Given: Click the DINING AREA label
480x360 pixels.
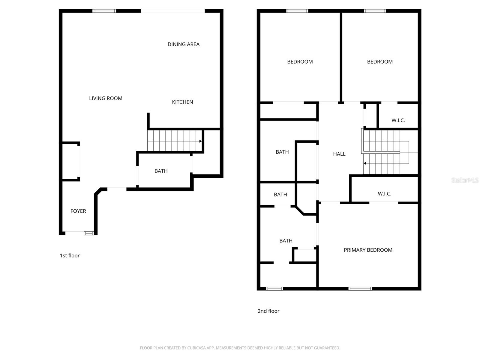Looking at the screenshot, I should coord(183,44).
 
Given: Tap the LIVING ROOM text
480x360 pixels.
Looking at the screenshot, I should coord(106,98).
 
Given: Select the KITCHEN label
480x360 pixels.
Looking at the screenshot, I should coord(182,102).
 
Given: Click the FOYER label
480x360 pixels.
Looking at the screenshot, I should coord(78,211).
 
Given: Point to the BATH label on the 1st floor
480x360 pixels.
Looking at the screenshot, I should coord(161,171).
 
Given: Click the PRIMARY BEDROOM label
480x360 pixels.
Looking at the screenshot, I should coord(368,250).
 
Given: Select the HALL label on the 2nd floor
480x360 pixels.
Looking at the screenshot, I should coord(339,154).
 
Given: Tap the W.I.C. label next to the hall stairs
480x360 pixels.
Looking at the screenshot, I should coord(398,120).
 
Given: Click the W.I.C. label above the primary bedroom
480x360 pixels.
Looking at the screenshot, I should coord(384,194).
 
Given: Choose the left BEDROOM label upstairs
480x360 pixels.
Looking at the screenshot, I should coord(300,62).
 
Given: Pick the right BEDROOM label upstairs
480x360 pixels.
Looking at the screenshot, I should coord(379,62).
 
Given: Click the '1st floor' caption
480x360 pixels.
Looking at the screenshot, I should coord(70,256).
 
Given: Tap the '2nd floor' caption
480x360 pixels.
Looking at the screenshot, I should coord(268,311).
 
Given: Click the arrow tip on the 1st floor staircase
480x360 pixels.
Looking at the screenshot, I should coord(201,141).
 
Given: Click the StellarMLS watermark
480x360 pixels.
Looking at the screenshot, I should coord(465,180).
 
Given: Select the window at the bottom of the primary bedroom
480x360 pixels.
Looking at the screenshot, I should coord(360,289).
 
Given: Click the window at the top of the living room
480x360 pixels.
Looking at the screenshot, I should coord(104,11).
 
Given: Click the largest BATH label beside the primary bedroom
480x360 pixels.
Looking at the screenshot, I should coord(286,241).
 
